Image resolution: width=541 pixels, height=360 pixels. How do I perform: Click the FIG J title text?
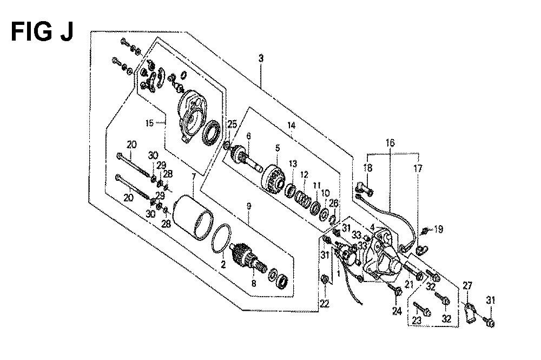[42, 31]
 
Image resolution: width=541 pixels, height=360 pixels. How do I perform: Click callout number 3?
[261, 58]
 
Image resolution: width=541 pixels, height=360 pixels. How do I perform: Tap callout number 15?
[149, 123]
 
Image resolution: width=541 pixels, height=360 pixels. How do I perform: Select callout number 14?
[292, 125]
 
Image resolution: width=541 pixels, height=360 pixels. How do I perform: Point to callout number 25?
[232, 125]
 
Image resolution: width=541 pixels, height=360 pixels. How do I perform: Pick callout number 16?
[390, 142]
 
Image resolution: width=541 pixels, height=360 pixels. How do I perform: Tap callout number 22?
[324, 304]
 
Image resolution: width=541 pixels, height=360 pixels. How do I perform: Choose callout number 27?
[467, 286]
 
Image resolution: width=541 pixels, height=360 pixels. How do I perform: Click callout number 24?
[397, 311]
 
